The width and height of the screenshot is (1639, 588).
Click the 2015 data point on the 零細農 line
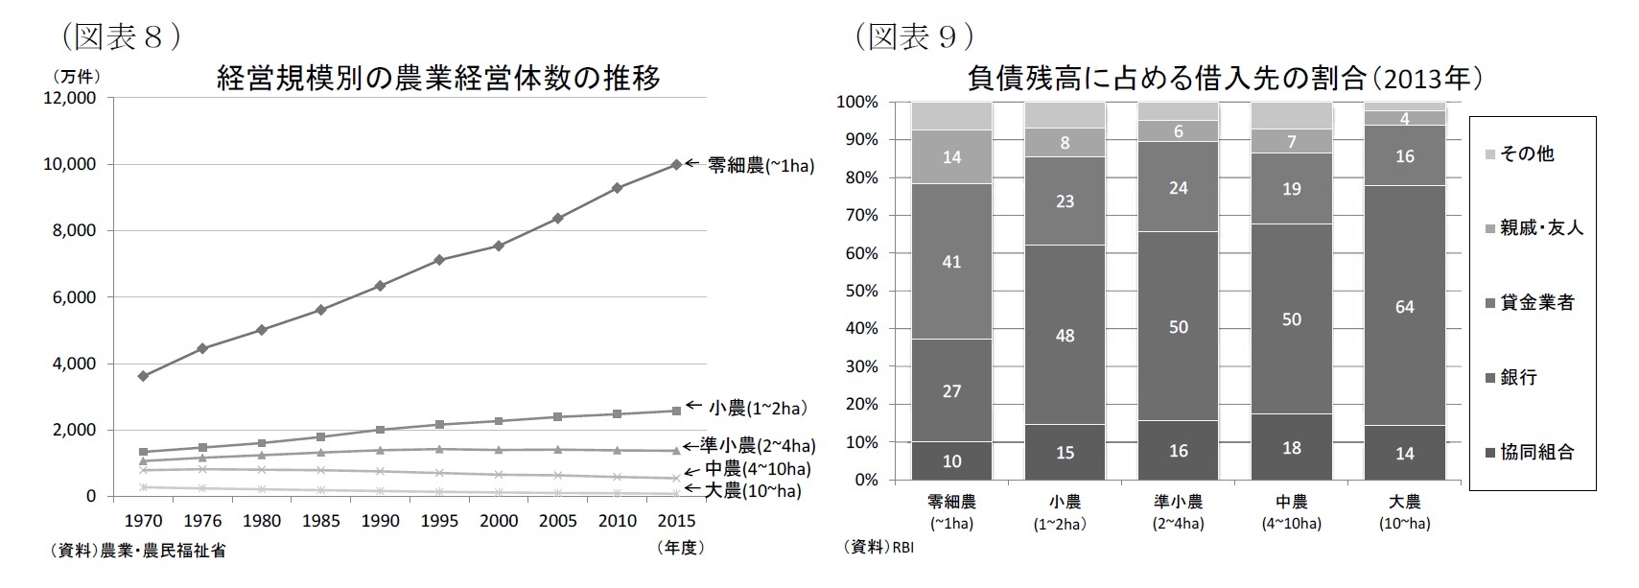[x=676, y=165]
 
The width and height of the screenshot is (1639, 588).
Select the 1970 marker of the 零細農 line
[x=143, y=376]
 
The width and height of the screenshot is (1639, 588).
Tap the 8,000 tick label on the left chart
[x=69, y=231]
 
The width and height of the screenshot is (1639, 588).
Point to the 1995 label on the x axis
[x=439, y=521]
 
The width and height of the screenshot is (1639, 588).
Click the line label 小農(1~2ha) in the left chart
[x=756, y=409]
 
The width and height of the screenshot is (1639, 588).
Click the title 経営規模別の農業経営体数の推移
[x=438, y=78]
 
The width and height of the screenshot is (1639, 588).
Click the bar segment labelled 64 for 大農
[x=1404, y=307]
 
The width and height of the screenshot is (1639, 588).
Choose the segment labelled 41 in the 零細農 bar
[x=951, y=261]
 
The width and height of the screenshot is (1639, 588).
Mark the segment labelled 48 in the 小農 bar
[x=1065, y=336]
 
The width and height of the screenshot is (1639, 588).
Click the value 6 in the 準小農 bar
[x=1178, y=131]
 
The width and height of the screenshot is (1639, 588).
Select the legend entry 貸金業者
[x=1536, y=303]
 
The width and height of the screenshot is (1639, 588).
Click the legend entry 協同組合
[x=1536, y=453]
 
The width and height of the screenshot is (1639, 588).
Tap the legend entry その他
[x=1526, y=153]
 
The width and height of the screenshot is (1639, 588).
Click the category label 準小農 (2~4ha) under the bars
[x=1178, y=512]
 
